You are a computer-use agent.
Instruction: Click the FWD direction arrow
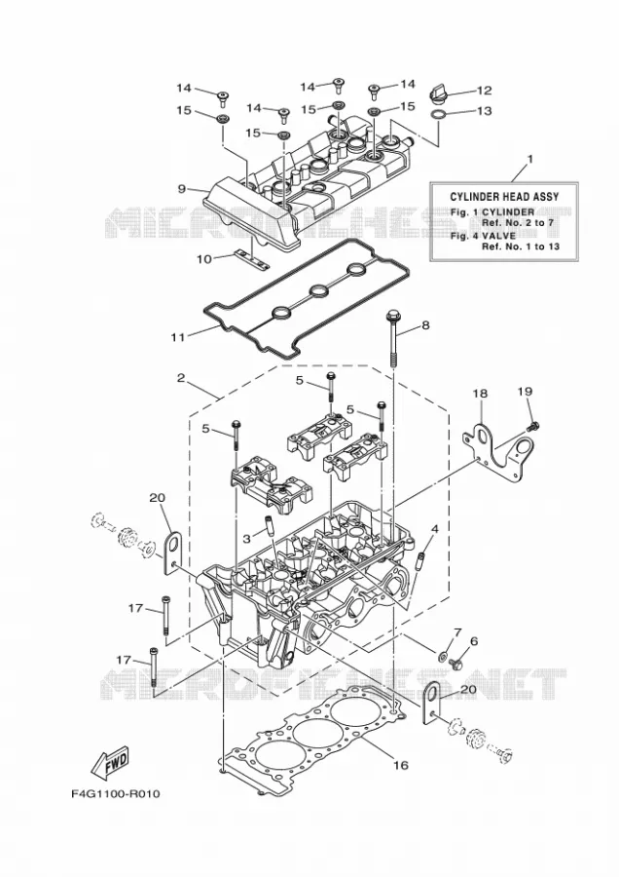[x=111, y=761]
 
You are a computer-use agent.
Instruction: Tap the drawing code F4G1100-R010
[x=116, y=793]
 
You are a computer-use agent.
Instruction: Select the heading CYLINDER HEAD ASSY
[x=504, y=197]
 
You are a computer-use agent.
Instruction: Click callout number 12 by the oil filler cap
[x=484, y=90]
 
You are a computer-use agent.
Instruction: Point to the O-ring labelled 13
[x=439, y=115]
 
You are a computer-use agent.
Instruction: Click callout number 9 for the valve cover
[x=182, y=188]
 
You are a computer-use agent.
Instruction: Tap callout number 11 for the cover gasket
[x=178, y=337]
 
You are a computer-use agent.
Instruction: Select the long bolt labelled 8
[x=391, y=337]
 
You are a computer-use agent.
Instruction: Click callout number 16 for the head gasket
[x=400, y=765]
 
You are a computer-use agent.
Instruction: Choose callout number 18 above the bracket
[x=480, y=394]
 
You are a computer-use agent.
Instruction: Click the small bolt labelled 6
[x=455, y=664]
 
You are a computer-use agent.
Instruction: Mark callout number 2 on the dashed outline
[x=180, y=378]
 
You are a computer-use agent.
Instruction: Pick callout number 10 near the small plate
[x=204, y=259]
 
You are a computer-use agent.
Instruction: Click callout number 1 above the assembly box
[x=529, y=159]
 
